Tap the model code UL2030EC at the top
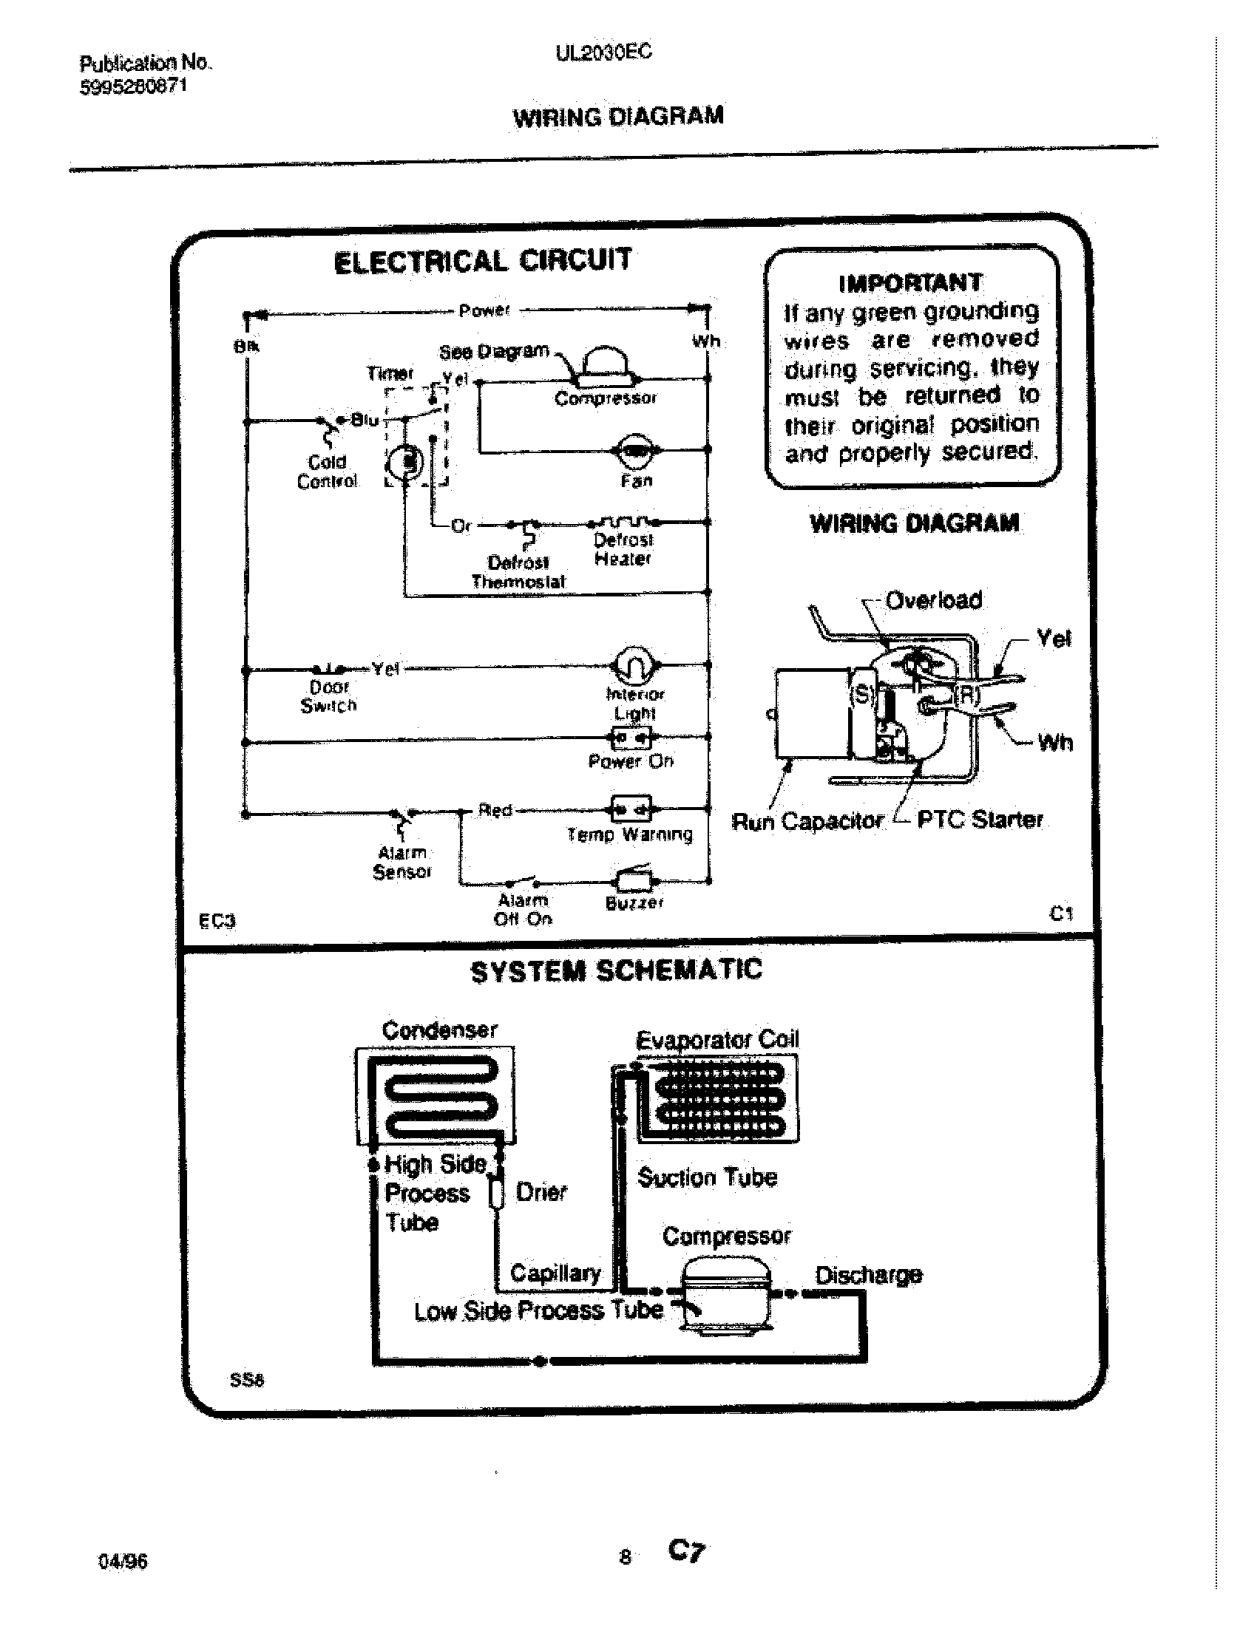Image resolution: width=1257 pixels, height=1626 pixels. pos(603,52)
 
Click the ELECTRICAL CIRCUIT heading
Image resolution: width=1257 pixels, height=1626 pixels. pos(483,262)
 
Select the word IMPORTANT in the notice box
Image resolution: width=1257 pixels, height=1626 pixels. pos(910,283)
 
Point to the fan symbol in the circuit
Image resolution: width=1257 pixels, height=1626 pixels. pos(635,449)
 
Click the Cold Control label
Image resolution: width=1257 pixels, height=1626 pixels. pos(328,472)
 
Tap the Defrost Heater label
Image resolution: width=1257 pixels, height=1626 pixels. pos(623,548)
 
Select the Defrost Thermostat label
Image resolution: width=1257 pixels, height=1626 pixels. pos(518,572)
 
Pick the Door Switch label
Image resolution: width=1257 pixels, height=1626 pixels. pos(328,696)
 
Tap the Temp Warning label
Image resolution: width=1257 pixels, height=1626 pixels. pos(630,834)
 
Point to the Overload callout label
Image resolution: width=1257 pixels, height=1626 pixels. pos(934,600)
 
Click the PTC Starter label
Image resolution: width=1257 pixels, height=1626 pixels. pos(979,820)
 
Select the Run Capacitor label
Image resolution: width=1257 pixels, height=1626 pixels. pos(807,821)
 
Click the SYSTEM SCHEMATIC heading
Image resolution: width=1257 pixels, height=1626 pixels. pos(617,971)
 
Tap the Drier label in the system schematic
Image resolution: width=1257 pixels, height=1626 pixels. pos(541,1192)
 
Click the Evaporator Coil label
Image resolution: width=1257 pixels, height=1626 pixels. pos(717,1039)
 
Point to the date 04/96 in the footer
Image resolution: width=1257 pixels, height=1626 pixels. pos(123,1560)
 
